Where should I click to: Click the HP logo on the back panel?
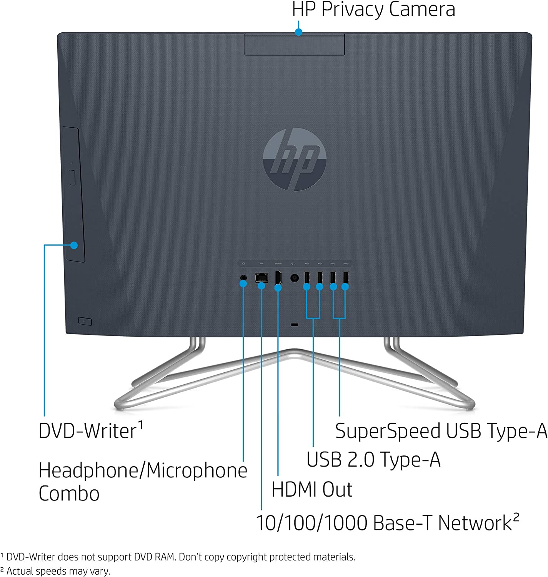tap(295, 159)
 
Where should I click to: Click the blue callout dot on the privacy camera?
tap(298, 32)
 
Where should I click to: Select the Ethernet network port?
tap(262, 277)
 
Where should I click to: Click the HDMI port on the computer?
tap(278, 278)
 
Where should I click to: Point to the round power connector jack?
tap(295, 278)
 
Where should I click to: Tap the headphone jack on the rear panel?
tap(243, 278)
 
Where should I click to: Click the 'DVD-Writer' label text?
tap(91, 430)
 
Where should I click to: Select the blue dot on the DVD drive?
tap(74, 245)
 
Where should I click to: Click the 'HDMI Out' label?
tap(312, 490)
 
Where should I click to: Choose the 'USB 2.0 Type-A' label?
tap(373, 459)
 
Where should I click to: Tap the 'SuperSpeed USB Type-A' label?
tap(441, 431)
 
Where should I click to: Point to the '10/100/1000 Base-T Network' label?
tap(388, 522)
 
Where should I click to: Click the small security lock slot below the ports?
tap(295, 325)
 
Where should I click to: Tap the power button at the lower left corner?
tap(85, 321)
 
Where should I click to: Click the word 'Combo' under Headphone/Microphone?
tap(69, 494)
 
